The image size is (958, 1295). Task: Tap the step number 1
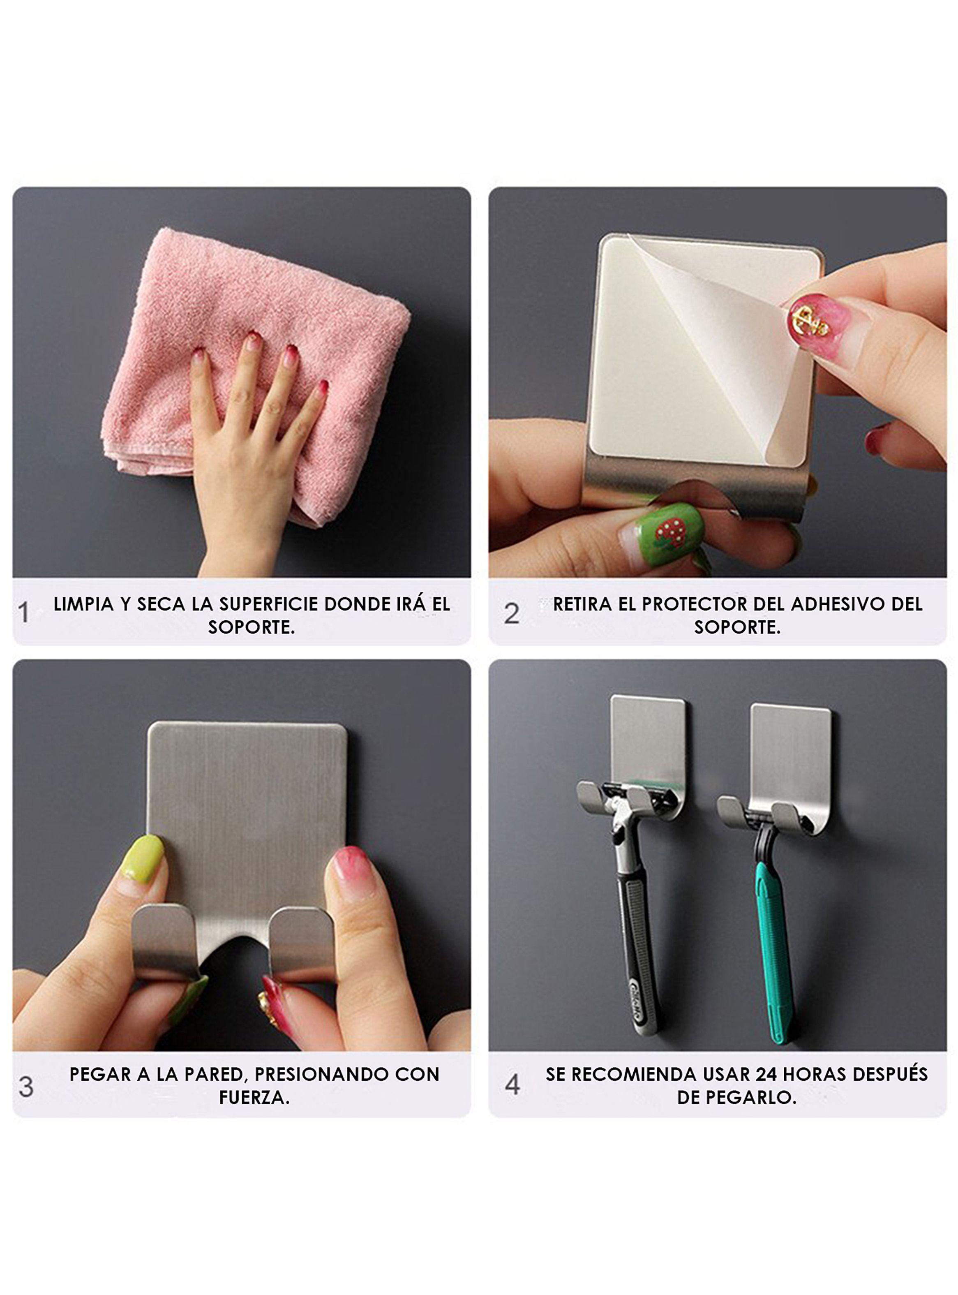[23, 613]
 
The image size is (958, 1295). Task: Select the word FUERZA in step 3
[254, 1097]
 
